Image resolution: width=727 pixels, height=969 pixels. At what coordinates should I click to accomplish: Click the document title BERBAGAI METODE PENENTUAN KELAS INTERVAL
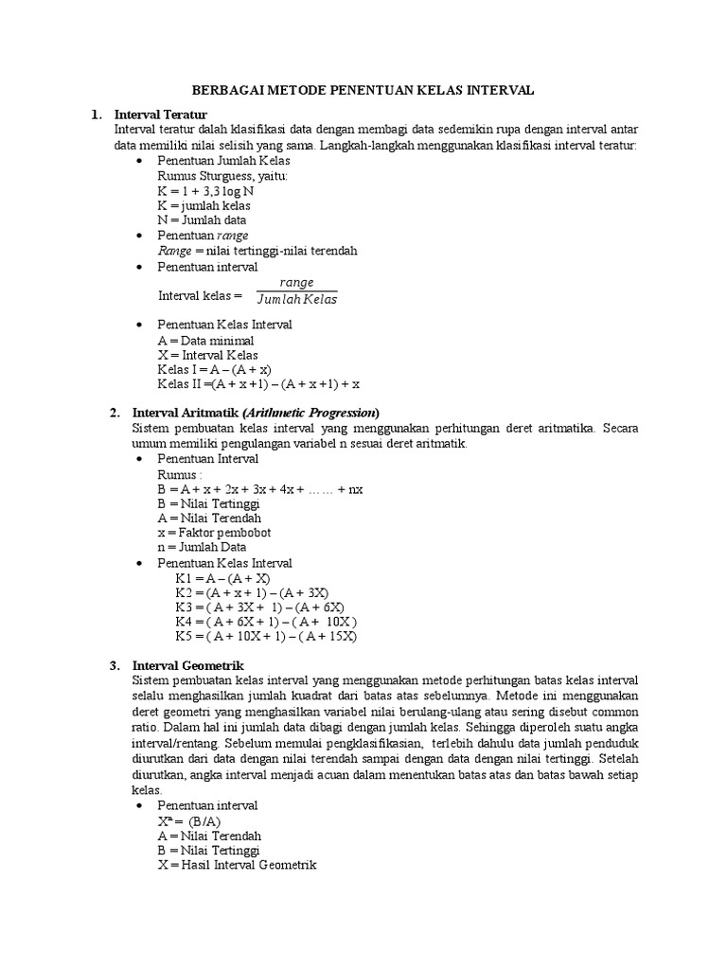click(363, 90)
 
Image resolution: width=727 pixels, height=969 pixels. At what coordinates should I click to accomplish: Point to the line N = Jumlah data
click(202, 220)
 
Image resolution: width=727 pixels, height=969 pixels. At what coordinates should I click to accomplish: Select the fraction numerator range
click(296, 283)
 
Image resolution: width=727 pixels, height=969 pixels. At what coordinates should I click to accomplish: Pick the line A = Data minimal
click(205, 340)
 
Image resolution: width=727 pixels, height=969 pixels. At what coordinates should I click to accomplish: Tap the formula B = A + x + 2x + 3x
click(260, 489)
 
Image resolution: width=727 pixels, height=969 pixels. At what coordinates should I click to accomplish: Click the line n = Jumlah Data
click(202, 547)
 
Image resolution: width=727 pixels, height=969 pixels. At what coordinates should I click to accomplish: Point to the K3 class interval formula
click(258, 607)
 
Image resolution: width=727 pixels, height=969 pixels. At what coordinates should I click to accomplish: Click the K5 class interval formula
click(265, 636)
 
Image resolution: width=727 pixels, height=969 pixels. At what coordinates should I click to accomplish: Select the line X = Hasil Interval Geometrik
click(237, 865)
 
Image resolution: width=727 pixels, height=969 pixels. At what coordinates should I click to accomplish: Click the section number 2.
click(115, 413)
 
